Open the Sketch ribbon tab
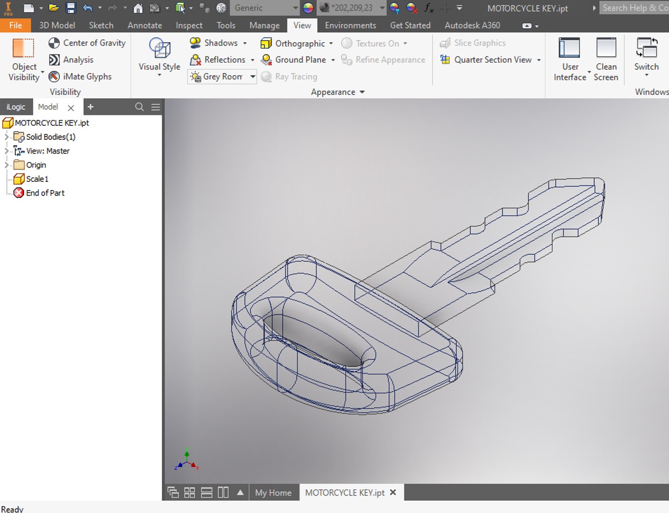[101, 25]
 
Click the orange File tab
[15, 25]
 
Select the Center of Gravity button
[87, 43]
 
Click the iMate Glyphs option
[80, 76]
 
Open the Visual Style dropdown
[159, 57]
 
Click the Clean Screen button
[606, 59]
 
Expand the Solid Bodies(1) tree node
[7, 137]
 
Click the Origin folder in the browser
[36, 165]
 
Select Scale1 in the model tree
[37, 179]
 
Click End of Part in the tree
[45, 193]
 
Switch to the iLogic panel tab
[16, 107]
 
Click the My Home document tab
[273, 493]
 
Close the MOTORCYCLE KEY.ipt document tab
[393, 493]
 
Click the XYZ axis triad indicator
[187, 460]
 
